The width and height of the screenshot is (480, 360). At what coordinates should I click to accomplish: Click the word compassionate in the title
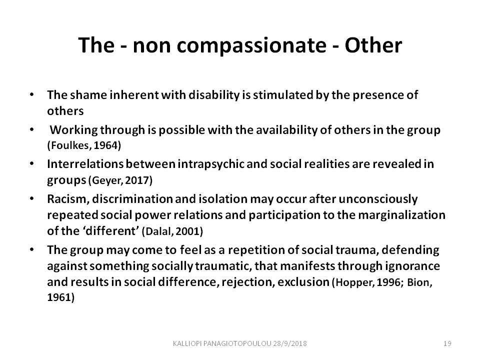click(x=251, y=46)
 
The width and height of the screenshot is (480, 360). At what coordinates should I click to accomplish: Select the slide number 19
click(x=447, y=343)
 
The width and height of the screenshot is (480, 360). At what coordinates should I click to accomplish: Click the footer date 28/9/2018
click(x=290, y=343)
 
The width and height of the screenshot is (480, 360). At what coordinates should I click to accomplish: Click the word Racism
click(x=68, y=199)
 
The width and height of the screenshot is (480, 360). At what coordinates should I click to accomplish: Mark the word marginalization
click(x=401, y=215)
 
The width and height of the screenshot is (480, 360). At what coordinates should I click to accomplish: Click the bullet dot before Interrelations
click(x=32, y=164)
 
